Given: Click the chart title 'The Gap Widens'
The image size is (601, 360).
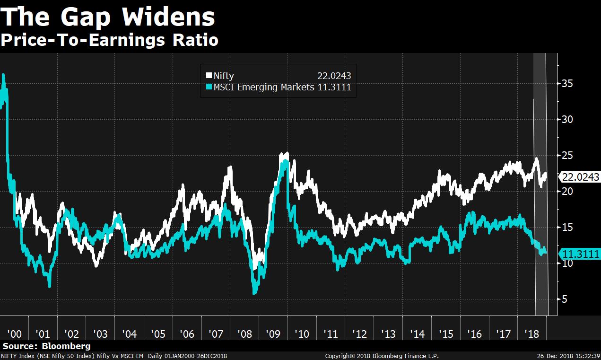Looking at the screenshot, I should tap(108, 18).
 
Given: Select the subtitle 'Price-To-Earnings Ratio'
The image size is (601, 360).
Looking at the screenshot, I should tap(109, 40).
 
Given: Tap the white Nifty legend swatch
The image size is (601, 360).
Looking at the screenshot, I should tap(209, 76).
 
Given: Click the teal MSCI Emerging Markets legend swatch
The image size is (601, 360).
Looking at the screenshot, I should tap(209, 87).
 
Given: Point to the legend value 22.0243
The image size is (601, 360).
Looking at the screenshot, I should tap(333, 76).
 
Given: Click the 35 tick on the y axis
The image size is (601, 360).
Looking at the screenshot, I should tap(567, 83).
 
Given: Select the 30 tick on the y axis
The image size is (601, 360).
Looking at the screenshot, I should tap(567, 119).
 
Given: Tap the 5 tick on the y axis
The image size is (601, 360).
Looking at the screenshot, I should tap(565, 299).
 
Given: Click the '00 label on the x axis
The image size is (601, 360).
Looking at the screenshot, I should tap(14, 334).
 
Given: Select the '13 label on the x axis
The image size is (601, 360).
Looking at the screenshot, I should tap(388, 334).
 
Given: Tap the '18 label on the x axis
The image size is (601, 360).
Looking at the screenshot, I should tap(532, 334).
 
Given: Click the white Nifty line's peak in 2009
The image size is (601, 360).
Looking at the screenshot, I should tap(287, 153).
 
